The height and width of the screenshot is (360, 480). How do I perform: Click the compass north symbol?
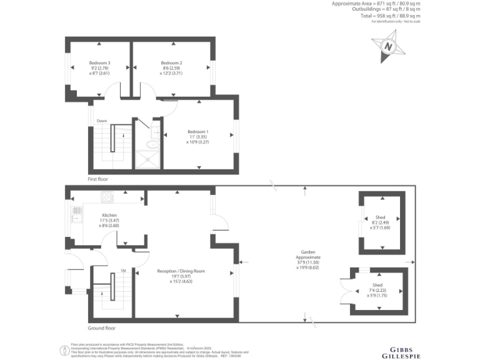point(388,47)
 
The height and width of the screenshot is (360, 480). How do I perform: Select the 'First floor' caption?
point(99,179)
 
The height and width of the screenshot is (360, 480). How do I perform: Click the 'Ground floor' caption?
point(102,327)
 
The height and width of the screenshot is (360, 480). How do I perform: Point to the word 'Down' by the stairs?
point(101,121)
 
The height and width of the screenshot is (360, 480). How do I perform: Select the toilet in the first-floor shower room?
point(150,144)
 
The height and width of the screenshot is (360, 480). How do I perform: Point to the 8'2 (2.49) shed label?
point(381,222)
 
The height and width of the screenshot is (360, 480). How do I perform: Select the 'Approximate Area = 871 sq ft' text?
point(375,4)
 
